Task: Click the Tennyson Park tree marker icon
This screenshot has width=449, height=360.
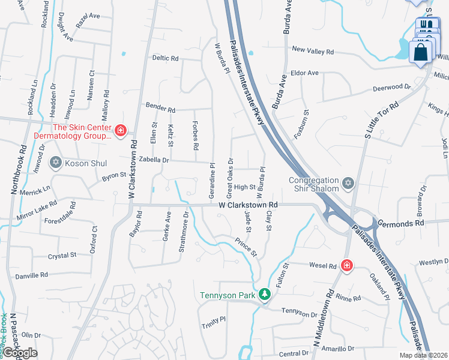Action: point(264,295)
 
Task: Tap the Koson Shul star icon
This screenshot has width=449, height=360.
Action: point(56,162)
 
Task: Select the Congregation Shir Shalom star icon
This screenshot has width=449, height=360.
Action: point(347,182)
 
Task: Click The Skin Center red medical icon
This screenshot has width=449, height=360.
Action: point(120,131)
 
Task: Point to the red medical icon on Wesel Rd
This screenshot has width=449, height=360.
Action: point(346,265)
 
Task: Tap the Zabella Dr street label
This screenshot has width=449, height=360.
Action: point(154,160)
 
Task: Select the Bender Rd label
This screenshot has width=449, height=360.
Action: point(160,110)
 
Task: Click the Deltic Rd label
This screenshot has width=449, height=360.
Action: point(166,59)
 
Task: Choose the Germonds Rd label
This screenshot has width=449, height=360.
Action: point(401,223)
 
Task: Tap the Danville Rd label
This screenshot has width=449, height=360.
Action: point(32,275)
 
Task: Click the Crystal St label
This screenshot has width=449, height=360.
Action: point(62,256)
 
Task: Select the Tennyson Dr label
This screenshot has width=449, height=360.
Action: point(298,313)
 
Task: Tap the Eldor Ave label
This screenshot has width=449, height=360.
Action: point(304,73)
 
